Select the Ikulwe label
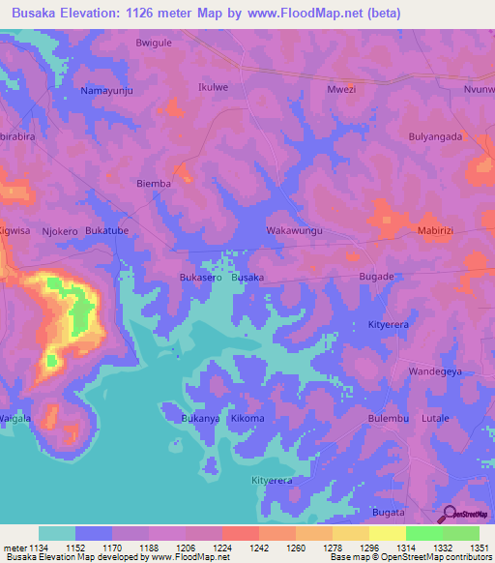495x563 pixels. [x=213, y=86]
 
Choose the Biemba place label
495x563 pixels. [x=154, y=183]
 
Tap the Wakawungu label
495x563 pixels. [x=294, y=231]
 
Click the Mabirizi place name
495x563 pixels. [x=441, y=231]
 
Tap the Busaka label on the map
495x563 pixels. [x=248, y=277]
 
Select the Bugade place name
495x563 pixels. [x=377, y=277]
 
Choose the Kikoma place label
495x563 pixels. [x=247, y=418]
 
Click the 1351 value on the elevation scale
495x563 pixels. [x=480, y=548]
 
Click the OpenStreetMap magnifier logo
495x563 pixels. [x=448, y=515]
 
